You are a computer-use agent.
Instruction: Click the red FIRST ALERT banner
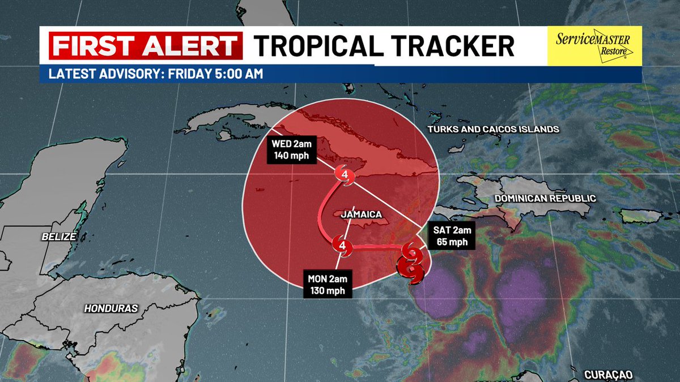click(145, 46)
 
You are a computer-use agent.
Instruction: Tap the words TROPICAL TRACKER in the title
click(384, 46)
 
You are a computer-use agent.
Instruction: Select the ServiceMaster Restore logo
click(593, 46)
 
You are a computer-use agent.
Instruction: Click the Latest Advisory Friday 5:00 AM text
click(156, 74)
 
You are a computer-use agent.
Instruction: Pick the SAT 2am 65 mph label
click(451, 237)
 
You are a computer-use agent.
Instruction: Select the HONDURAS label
click(111, 308)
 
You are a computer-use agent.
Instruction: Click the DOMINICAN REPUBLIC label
click(545, 199)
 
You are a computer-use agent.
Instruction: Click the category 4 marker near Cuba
click(345, 175)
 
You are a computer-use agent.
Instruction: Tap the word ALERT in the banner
click(190, 46)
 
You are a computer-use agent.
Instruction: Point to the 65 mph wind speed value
click(451, 242)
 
